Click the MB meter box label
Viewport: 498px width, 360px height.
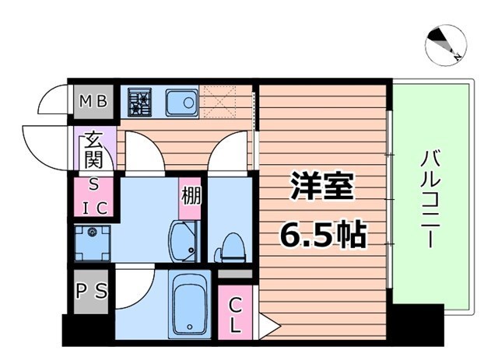pyautogui.click(x=95, y=100)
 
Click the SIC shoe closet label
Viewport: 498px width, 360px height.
pyautogui.click(x=94, y=197)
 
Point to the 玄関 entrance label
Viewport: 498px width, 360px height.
pyautogui.click(x=94, y=151)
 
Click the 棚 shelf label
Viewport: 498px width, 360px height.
pyautogui.click(x=191, y=194)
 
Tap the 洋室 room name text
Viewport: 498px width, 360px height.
pyautogui.click(x=322, y=187)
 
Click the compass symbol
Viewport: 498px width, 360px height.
pyautogui.click(x=447, y=43)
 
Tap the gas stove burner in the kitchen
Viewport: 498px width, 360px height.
pyautogui.click(x=140, y=102)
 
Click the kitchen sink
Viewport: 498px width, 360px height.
pyautogui.click(x=184, y=101)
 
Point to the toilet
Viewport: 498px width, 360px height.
pyautogui.click(x=230, y=246)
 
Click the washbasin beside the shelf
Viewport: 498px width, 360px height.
pyautogui.click(x=184, y=241)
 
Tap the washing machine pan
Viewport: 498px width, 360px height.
pyautogui.click(x=93, y=242)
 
